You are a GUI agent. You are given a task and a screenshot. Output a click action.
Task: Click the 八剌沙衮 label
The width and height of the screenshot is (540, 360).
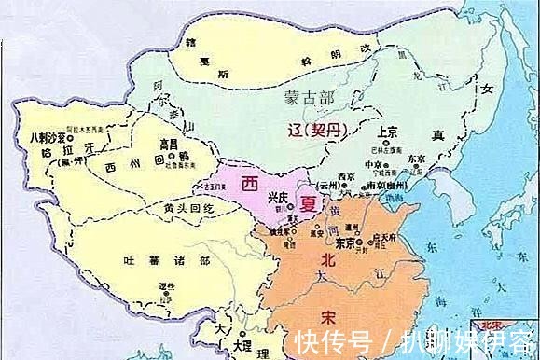[45, 138]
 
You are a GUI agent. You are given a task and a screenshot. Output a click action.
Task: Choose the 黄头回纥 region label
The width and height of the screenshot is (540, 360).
[190, 208]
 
